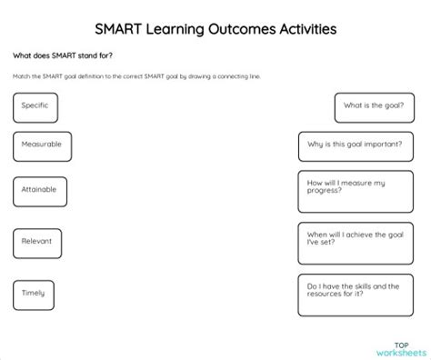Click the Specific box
point(35,107)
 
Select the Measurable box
point(42,145)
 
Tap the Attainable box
point(41,191)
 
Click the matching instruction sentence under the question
point(136,75)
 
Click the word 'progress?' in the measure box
point(326,192)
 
